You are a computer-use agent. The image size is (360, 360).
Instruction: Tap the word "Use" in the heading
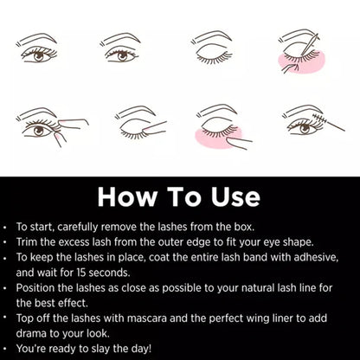(x=235, y=197)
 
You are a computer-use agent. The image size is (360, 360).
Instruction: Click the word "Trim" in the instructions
(x=27, y=241)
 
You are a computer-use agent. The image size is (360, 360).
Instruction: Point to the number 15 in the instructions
(x=80, y=273)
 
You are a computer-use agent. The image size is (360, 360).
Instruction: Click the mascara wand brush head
(x=320, y=118)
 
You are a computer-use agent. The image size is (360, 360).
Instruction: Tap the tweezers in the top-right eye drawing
(x=309, y=44)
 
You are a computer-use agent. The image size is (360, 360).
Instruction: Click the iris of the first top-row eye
(x=39, y=56)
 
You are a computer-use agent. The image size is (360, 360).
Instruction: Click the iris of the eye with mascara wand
(x=305, y=129)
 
